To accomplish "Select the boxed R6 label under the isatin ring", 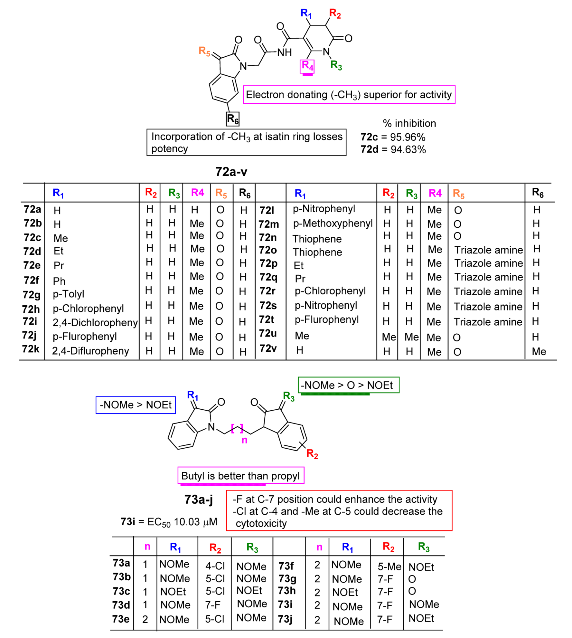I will [232, 119].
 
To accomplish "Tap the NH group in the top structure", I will [284, 52].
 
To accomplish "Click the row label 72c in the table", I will [32, 238].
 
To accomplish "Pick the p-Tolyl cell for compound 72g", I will [69, 294].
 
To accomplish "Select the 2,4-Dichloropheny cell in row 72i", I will [95, 322].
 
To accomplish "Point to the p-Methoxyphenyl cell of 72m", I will [333, 223].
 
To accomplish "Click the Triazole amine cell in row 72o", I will [488, 250].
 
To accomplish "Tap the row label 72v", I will [268, 348].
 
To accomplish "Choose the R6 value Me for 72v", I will [539, 351].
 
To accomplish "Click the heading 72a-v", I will [231, 172].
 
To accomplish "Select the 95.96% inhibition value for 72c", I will [408, 137].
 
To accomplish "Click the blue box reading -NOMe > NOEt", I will [136, 405].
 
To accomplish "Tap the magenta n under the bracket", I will [244, 440].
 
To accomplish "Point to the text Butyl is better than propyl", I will [240, 476].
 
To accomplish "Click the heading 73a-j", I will [198, 500].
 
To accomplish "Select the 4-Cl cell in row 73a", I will [215, 566].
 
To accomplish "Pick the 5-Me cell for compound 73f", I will [389, 567].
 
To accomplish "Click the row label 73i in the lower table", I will [285, 605].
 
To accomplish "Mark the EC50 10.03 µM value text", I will [182, 522].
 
